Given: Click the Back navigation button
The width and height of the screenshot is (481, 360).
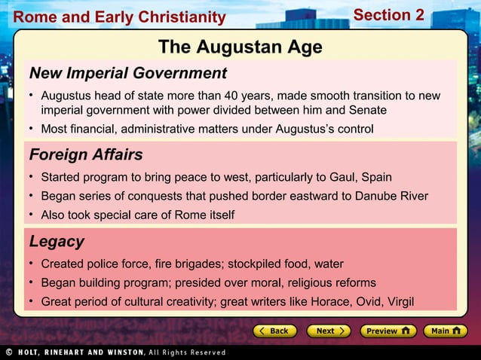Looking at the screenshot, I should (x=274, y=331).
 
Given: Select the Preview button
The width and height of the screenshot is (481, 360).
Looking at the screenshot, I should (x=386, y=331).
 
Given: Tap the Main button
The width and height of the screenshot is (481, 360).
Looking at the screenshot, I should (x=445, y=331).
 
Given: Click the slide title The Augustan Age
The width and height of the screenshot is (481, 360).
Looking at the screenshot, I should (x=240, y=47).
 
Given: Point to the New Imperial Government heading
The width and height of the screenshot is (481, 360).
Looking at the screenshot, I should (x=127, y=73).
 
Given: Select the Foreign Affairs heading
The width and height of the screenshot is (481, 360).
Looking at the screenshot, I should (x=86, y=155).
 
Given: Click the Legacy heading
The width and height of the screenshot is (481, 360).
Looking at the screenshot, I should (x=57, y=242).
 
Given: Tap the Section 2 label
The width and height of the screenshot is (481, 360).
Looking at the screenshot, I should (x=388, y=15).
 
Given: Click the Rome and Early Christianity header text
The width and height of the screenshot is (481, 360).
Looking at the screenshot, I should (x=119, y=17).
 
